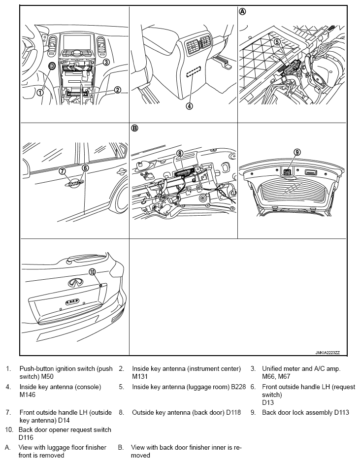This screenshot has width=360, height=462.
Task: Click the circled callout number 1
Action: (40, 92)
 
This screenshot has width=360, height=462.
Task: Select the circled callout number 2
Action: (118, 90)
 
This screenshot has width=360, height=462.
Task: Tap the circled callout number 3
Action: (106, 62)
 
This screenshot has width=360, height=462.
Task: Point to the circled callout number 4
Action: (189, 105)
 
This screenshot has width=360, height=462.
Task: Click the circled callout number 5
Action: (277, 42)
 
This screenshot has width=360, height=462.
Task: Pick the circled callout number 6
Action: (85, 168)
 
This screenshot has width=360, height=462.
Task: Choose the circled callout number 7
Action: (63, 171)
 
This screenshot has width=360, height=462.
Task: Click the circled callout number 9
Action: (297, 152)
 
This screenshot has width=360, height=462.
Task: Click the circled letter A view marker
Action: (242, 11)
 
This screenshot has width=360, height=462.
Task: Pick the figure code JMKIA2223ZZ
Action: (329, 353)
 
